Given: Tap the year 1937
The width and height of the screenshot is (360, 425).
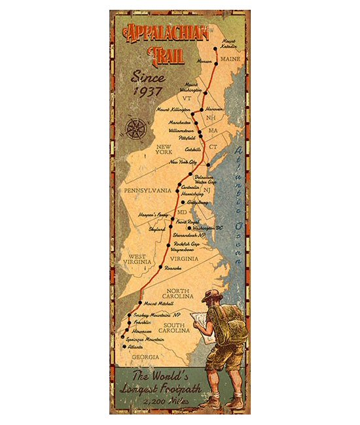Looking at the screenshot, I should [x=147, y=91].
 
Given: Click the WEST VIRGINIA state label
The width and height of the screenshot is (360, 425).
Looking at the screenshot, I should [x=137, y=261].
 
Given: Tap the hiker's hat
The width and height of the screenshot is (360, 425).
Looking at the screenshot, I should [x=211, y=295].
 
